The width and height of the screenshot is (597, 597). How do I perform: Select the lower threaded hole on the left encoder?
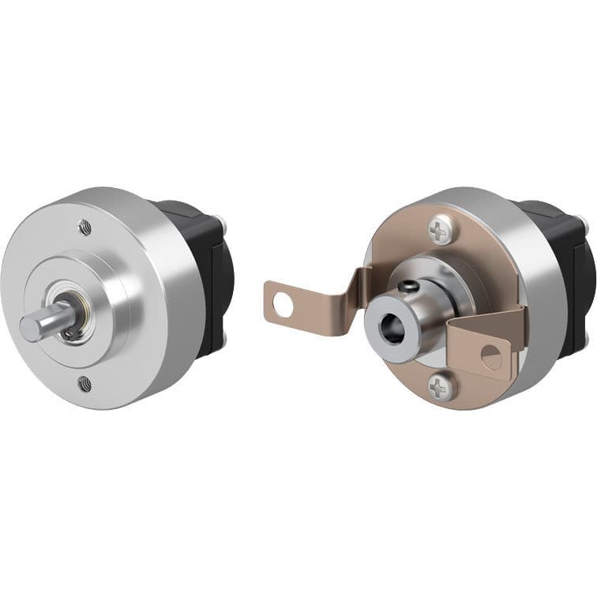click(x=85, y=385)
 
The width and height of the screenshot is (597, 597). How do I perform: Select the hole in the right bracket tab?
click(x=490, y=358)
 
